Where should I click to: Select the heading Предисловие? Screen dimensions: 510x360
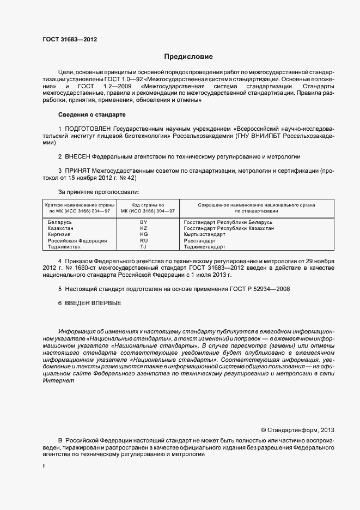[x=188, y=57]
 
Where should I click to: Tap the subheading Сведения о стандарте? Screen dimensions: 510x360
[x=91, y=115]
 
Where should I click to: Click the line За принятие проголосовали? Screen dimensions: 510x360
[x=98, y=191]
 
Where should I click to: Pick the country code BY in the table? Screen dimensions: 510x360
[x=144, y=222]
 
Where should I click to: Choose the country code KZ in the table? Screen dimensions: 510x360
[x=144, y=228]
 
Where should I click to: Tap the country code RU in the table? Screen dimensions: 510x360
[x=144, y=240]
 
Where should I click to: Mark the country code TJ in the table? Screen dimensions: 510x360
[x=144, y=246]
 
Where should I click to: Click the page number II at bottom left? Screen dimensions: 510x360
[x=44, y=467]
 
